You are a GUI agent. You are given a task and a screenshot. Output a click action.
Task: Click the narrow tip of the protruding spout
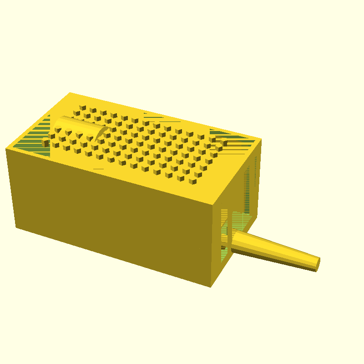(317, 264)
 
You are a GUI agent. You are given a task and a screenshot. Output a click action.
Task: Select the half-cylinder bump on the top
(77, 126)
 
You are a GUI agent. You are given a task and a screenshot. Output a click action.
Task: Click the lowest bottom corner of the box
(211, 287)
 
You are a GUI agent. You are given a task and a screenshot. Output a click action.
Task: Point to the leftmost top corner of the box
(6, 149)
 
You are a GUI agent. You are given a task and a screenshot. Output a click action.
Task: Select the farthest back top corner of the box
(70, 93)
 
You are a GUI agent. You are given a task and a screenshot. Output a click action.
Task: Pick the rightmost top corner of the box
(261, 139)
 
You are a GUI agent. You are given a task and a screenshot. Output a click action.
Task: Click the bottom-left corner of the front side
(16, 227)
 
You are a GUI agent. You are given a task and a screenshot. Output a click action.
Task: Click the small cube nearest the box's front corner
(192, 181)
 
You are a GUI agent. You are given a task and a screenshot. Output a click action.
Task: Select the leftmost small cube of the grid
(45, 143)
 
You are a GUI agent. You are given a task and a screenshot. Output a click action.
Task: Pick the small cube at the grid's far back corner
(82, 108)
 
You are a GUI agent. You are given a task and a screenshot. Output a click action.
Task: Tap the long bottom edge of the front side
(114, 257)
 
